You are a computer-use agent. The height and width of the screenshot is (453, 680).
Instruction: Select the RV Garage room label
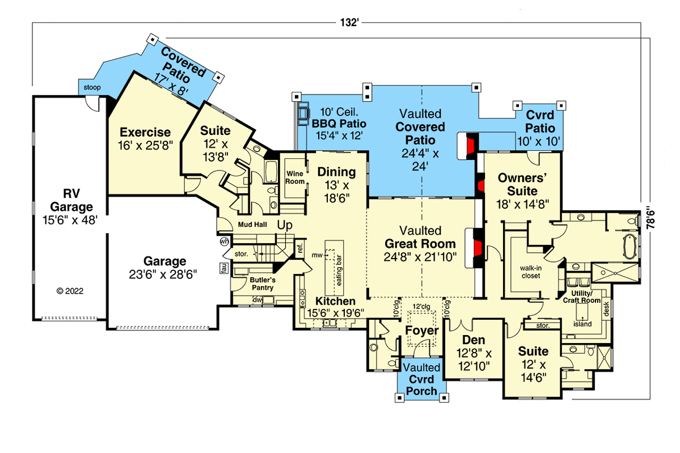(70, 206)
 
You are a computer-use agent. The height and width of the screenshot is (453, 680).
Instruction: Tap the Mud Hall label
(252, 225)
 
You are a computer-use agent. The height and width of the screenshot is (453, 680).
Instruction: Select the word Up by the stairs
(285, 225)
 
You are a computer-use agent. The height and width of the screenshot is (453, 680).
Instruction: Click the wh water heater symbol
(224, 242)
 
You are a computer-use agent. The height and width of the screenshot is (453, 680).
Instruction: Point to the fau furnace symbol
(224, 269)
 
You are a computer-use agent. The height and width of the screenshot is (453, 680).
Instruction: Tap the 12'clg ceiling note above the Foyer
(420, 307)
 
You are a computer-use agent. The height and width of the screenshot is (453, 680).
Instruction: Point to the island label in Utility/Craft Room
(582, 324)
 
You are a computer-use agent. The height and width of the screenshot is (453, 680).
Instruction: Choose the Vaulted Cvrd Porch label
(421, 379)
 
